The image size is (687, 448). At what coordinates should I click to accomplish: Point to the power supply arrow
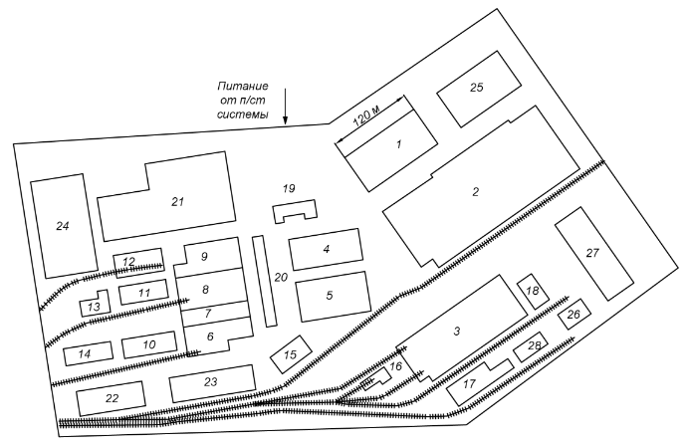[286, 106]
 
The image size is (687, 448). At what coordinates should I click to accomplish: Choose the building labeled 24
[62, 226]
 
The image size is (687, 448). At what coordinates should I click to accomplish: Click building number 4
[326, 250]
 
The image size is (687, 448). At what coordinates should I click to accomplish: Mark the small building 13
[94, 306]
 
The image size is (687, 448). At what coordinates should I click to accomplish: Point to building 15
[291, 353]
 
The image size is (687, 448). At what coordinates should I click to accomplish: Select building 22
[112, 398]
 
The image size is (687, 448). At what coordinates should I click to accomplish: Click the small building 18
[532, 291]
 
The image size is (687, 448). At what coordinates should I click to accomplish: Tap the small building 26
[572, 315]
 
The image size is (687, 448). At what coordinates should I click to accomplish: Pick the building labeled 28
[534, 346]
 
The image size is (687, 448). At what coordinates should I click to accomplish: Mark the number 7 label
[208, 313]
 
